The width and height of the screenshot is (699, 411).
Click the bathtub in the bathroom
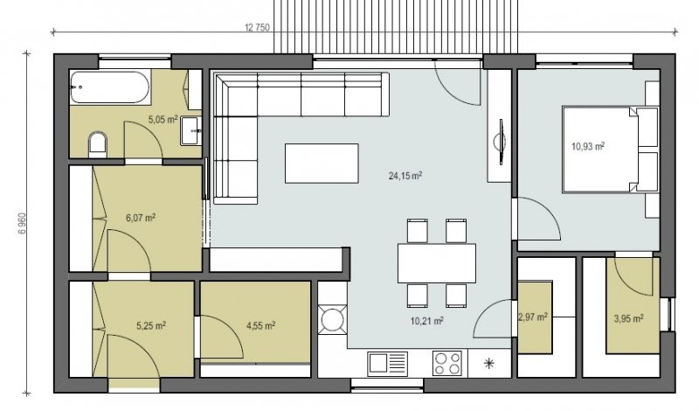110,87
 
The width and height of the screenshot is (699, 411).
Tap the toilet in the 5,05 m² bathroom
98,143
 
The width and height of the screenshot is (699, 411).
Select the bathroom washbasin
191,130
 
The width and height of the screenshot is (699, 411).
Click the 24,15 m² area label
405,176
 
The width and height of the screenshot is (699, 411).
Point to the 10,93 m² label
587,146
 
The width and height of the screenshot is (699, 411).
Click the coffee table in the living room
322,164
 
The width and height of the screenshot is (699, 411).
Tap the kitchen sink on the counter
387,364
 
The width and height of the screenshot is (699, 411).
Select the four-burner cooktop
447,364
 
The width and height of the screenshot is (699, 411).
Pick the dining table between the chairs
437,263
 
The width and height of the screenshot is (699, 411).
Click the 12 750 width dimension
257,28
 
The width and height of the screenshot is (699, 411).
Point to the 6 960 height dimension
23,224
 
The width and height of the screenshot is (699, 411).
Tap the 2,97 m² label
533,317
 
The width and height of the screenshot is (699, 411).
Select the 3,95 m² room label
628,318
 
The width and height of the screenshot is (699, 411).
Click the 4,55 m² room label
260,326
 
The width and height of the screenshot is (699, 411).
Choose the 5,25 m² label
151,326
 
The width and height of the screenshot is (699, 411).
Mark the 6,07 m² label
141,218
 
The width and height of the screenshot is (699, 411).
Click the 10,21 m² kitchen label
426,321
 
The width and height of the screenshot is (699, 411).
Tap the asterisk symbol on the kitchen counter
489,364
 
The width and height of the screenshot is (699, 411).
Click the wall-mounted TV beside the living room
500,142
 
